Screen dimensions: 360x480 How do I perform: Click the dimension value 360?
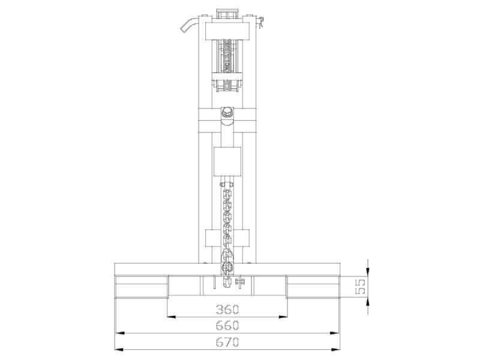[227, 310]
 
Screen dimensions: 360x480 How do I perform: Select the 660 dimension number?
[227, 325]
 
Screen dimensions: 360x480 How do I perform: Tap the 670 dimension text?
[227, 343]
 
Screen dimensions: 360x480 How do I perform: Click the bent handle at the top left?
[188, 24]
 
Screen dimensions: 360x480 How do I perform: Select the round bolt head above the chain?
[227, 113]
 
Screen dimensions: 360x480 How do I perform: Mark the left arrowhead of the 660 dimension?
[119, 332]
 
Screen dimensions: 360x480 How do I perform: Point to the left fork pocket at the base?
[142, 286]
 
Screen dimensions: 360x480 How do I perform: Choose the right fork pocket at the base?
[313, 286]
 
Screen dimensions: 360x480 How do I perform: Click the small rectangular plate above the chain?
[227, 161]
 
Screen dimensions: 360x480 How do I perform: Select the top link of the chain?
[227, 187]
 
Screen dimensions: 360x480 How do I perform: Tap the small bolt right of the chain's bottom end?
[241, 281]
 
